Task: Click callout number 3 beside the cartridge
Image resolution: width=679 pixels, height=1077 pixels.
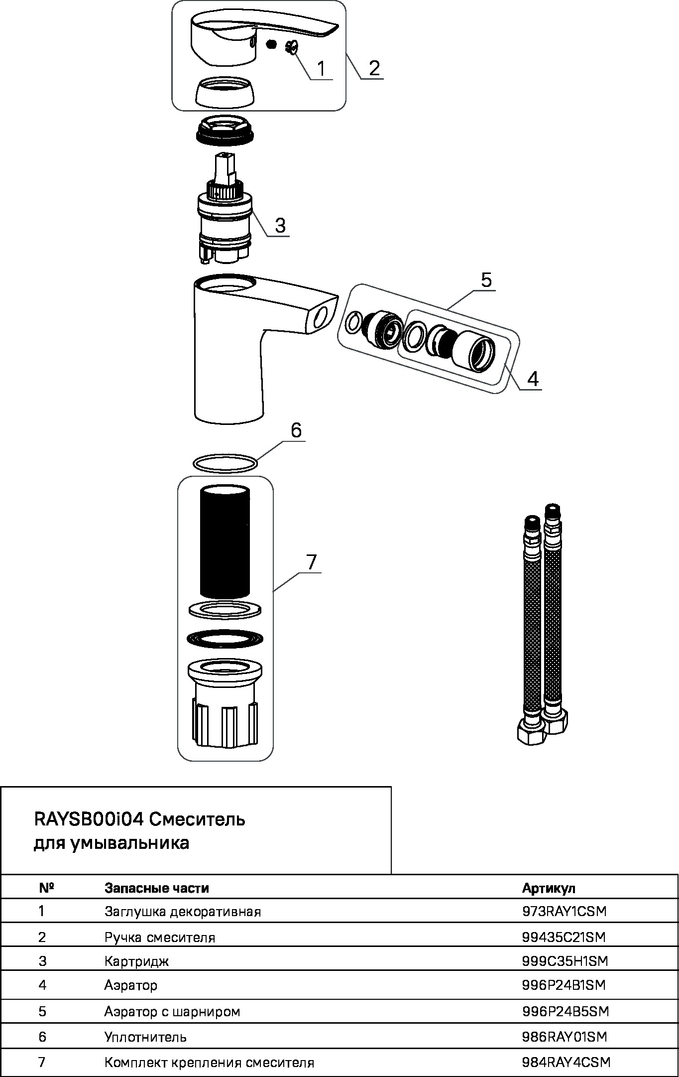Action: coord(280,225)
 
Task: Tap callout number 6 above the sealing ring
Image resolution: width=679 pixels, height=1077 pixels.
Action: coord(296,430)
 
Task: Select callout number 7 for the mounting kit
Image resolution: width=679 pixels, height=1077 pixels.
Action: coord(312,562)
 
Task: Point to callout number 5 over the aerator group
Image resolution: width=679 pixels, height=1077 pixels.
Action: coord(486,280)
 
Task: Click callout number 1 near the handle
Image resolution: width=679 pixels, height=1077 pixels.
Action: coord(321,68)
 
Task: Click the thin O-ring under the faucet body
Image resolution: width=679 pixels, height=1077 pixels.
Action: coord(226,463)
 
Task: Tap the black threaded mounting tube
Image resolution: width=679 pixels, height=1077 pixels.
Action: coord(225,540)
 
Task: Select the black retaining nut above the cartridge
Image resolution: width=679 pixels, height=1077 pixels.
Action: coord(225,131)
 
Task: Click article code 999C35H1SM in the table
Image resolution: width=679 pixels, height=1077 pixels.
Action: coord(565,961)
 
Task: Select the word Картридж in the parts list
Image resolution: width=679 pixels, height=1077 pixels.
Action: coord(136,961)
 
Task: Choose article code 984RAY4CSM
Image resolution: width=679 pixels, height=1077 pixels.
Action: coord(566,1062)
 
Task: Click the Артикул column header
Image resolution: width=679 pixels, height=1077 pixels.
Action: coord(549,888)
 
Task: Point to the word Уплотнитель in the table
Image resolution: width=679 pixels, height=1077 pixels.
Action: coord(145,1037)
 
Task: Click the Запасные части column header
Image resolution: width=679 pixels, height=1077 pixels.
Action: coord(156,888)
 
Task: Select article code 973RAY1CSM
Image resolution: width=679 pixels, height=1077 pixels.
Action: coord(565,911)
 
